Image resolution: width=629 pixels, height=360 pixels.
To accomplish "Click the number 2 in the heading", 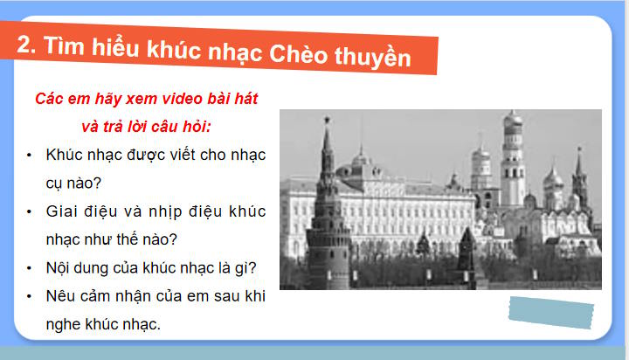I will pyautogui.click(x=26, y=47).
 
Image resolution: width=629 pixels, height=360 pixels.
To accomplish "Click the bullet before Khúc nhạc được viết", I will pyautogui.click(x=30, y=155).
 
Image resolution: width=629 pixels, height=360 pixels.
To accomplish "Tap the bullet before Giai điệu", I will pyautogui.click(x=30, y=211).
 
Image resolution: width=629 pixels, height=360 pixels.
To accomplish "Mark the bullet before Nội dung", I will pyautogui.click(x=30, y=267).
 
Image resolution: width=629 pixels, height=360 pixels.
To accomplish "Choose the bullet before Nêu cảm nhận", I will pyautogui.click(x=30, y=296).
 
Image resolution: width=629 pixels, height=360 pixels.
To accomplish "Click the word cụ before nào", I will pyautogui.click(x=57, y=183).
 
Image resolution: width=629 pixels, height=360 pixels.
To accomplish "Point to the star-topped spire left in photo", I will pyautogui.click(x=328, y=149).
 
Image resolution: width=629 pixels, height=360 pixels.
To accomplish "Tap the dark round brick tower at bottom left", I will pyautogui.click(x=328, y=253).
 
